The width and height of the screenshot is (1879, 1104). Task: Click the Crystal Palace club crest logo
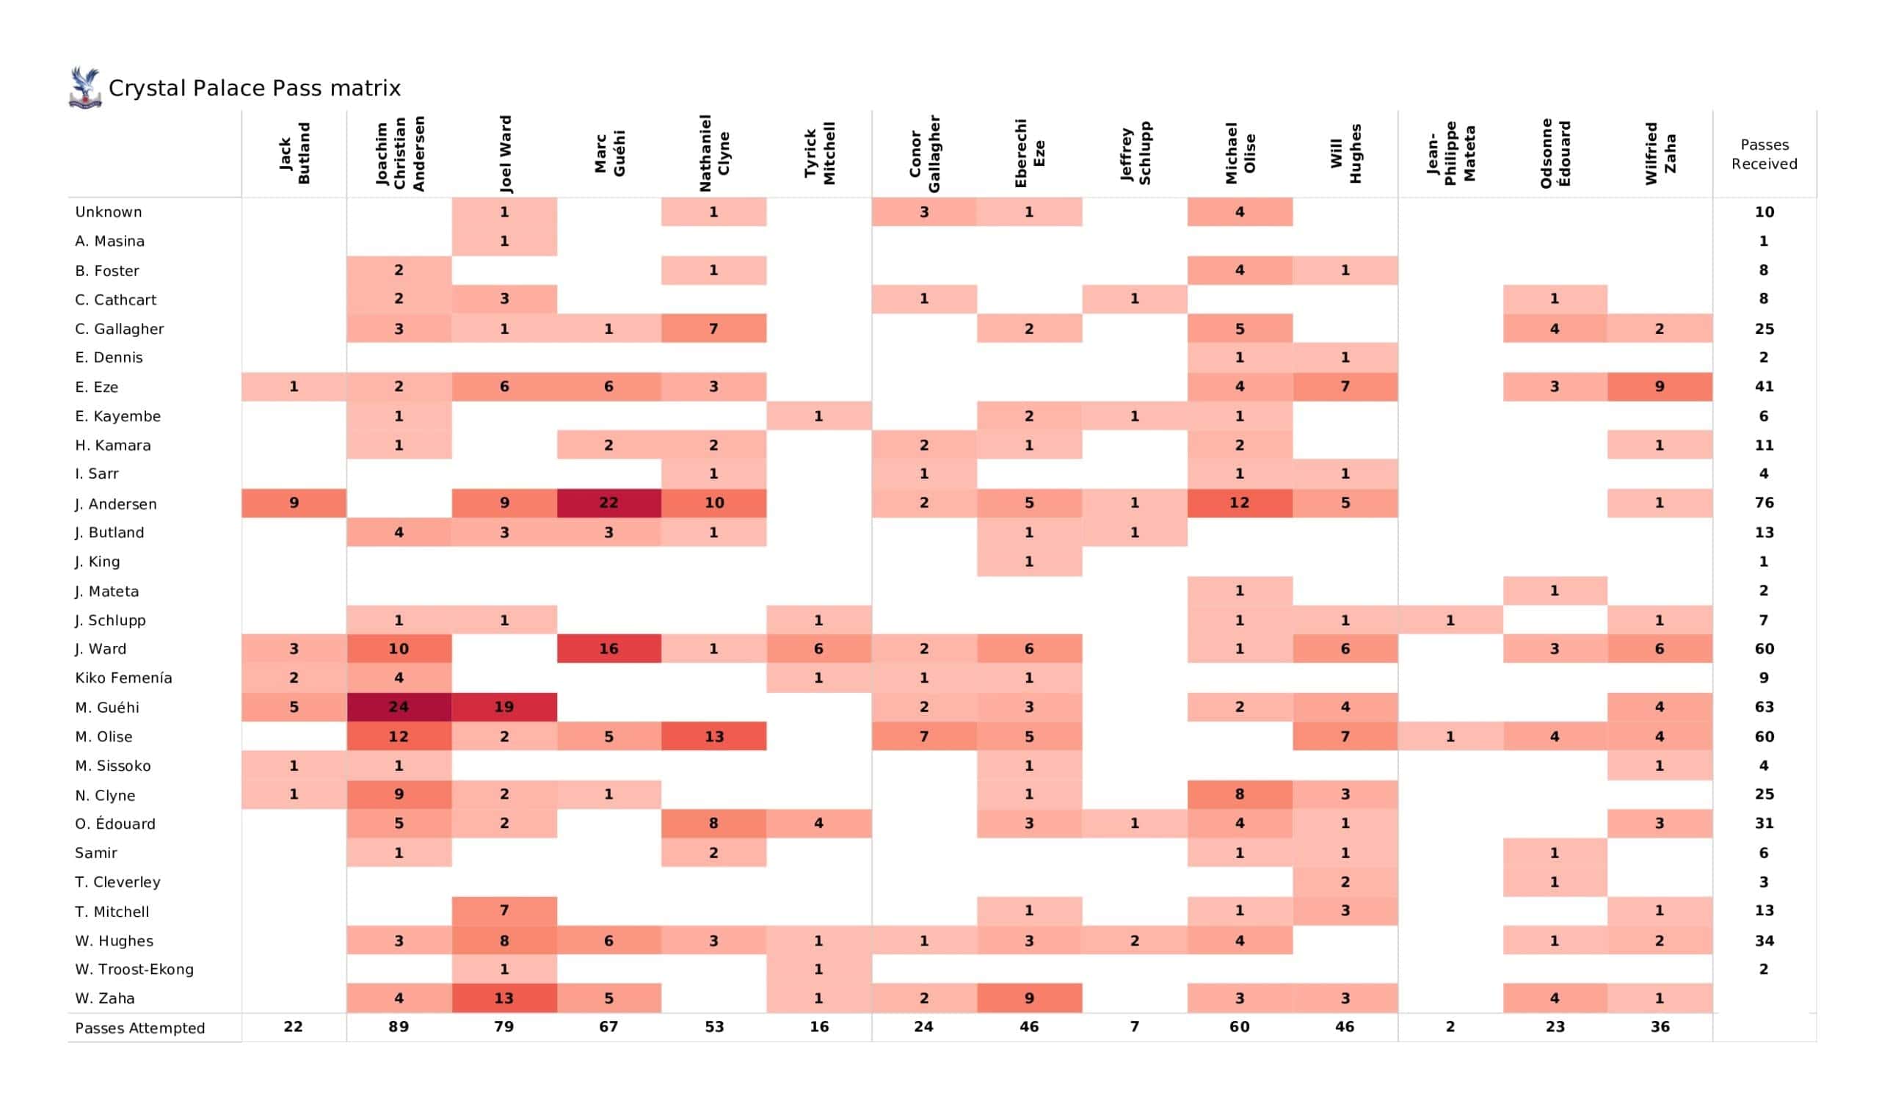[84, 88]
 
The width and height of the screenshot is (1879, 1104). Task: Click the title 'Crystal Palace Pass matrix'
[254, 88]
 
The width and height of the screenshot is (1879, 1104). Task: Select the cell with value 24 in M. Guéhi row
[398, 706]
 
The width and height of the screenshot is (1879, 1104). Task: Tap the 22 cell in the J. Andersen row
[608, 503]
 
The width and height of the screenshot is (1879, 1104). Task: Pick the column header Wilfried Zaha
[1659, 153]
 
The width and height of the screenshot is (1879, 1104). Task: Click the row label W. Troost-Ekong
[134, 969]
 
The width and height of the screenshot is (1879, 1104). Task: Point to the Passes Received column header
[1764, 154]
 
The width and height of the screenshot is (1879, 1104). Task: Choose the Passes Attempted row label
[139, 1027]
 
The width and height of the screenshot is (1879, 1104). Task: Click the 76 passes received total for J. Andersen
[1764, 503]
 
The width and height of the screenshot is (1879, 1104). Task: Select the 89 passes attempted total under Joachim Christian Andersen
[398, 1026]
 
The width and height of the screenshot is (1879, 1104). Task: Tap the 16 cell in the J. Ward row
[608, 648]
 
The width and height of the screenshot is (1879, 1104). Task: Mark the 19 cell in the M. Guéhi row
[504, 706]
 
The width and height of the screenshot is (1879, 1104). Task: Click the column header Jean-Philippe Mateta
[1450, 153]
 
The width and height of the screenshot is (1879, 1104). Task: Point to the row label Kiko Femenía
[124, 678]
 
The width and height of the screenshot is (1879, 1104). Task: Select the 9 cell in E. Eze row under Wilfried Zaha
[1659, 386]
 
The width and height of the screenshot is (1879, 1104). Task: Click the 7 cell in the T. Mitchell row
[504, 910]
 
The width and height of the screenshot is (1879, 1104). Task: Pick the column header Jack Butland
[294, 153]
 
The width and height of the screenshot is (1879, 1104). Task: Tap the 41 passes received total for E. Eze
[1764, 386]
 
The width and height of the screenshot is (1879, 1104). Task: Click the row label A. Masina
[109, 241]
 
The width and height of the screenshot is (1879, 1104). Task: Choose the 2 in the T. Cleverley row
[1345, 882]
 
